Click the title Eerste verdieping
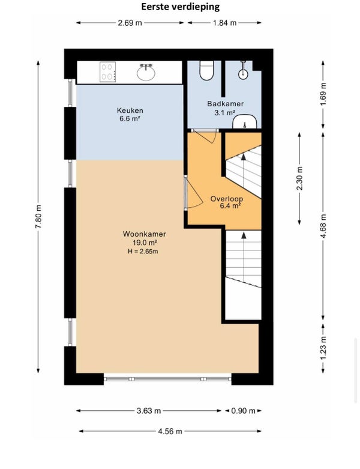(x=180, y=7)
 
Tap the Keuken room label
(x=130, y=110)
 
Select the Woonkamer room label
(x=144, y=234)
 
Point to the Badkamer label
(x=225, y=104)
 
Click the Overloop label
(x=226, y=199)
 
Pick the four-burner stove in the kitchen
(x=108, y=72)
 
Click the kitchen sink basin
(x=146, y=73)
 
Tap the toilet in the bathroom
(x=206, y=70)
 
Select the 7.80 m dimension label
(x=38, y=217)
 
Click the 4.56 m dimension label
(x=170, y=431)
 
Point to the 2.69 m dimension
(x=130, y=23)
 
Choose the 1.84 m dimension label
(x=224, y=23)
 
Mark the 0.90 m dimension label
(x=243, y=411)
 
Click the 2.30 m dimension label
(x=299, y=178)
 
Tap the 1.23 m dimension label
(x=323, y=349)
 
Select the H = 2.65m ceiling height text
(x=143, y=252)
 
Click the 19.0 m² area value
(x=145, y=243)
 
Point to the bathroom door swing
(x=206, y=137)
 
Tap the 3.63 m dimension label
(x=149, y=411)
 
